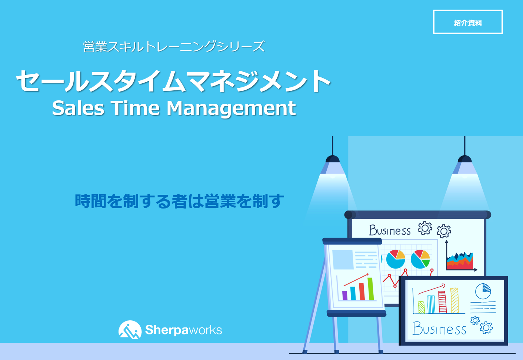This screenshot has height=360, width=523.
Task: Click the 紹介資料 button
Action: tap(468, 22)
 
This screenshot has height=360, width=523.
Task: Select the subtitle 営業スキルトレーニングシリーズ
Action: tap(174, 47)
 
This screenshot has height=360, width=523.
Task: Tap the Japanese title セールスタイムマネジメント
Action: tap(173, 81)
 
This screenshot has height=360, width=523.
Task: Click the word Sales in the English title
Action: tap(78, 108)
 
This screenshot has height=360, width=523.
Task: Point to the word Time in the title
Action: tap(136, 108)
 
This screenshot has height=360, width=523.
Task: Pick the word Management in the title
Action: tap(231, 108)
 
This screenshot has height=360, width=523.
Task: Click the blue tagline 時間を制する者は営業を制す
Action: tap(180, 201)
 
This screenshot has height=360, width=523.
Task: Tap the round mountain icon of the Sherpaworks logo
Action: tap(130, 330)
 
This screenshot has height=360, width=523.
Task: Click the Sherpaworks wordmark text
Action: tap(183, 330)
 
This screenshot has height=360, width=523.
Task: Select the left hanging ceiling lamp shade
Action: tap(333, 160)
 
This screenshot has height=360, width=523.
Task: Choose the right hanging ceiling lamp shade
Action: tap(464, 160)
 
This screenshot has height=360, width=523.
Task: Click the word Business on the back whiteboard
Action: tap(390, 231)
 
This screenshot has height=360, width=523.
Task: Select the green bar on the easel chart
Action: tap(370, 289)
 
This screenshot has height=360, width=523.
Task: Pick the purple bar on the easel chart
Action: tap(345, 295)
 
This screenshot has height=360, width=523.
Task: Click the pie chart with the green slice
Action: tap(420, 259)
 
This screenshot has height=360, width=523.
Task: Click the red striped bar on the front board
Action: tap(442, 302)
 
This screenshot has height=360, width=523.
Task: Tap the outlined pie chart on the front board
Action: tap(483, 291)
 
